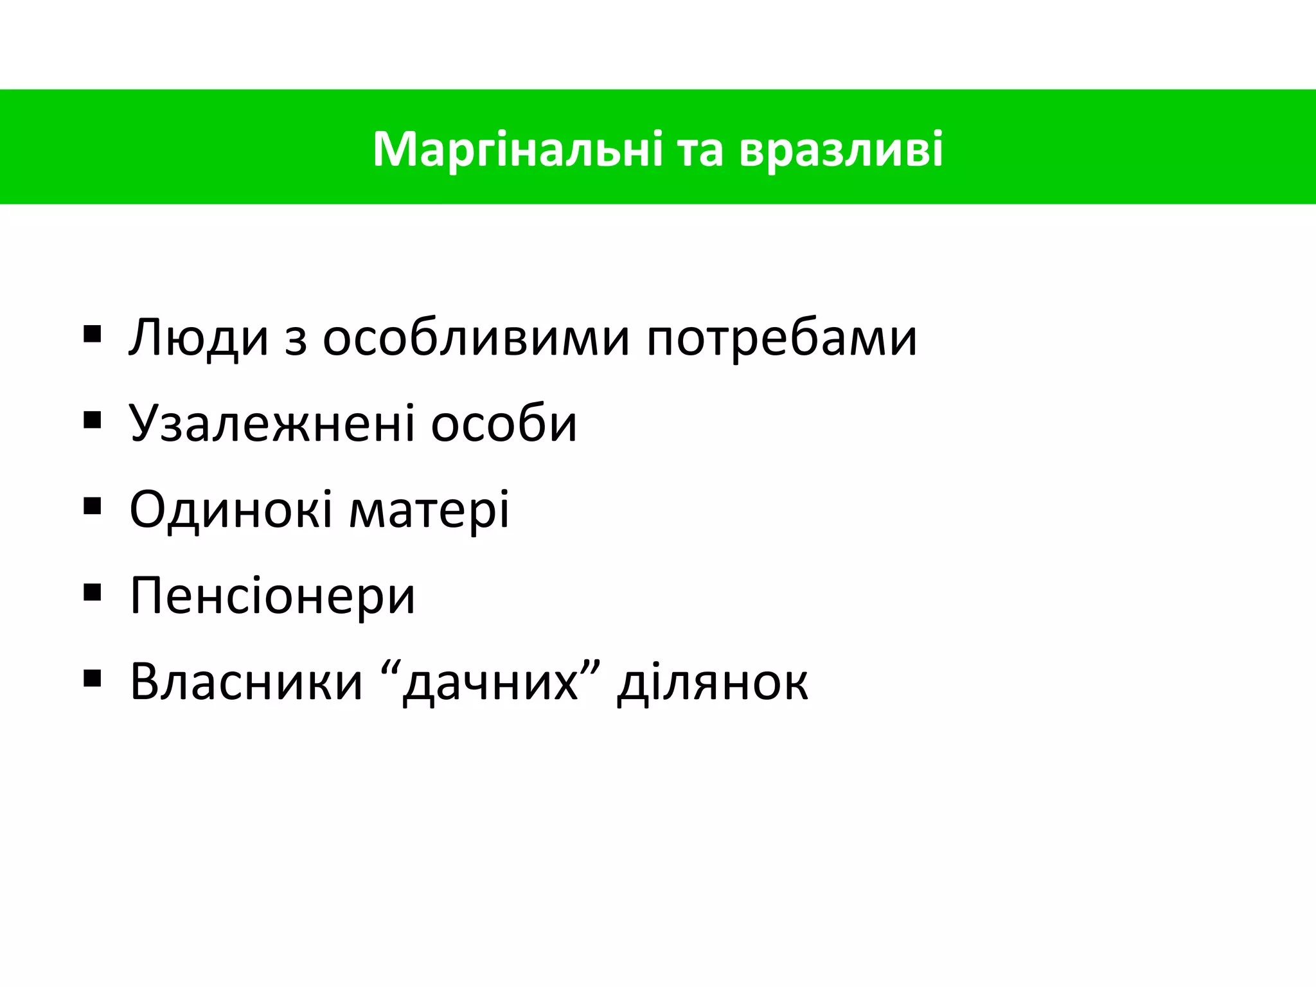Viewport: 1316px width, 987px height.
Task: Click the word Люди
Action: [x=199, y=338]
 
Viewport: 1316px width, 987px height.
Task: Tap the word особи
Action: [x=504, y=424]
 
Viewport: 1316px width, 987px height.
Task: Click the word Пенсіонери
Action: [x=272, y=596]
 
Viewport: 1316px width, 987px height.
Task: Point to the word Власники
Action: [x=246, y=682]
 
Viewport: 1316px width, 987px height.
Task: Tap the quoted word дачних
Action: [x=490, y=683]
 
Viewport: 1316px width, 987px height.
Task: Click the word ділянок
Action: [x=712, y=683]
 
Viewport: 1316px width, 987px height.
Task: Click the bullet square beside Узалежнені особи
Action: [x=93, y=420]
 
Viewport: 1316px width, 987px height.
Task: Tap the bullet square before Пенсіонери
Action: [x=93, y=592]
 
